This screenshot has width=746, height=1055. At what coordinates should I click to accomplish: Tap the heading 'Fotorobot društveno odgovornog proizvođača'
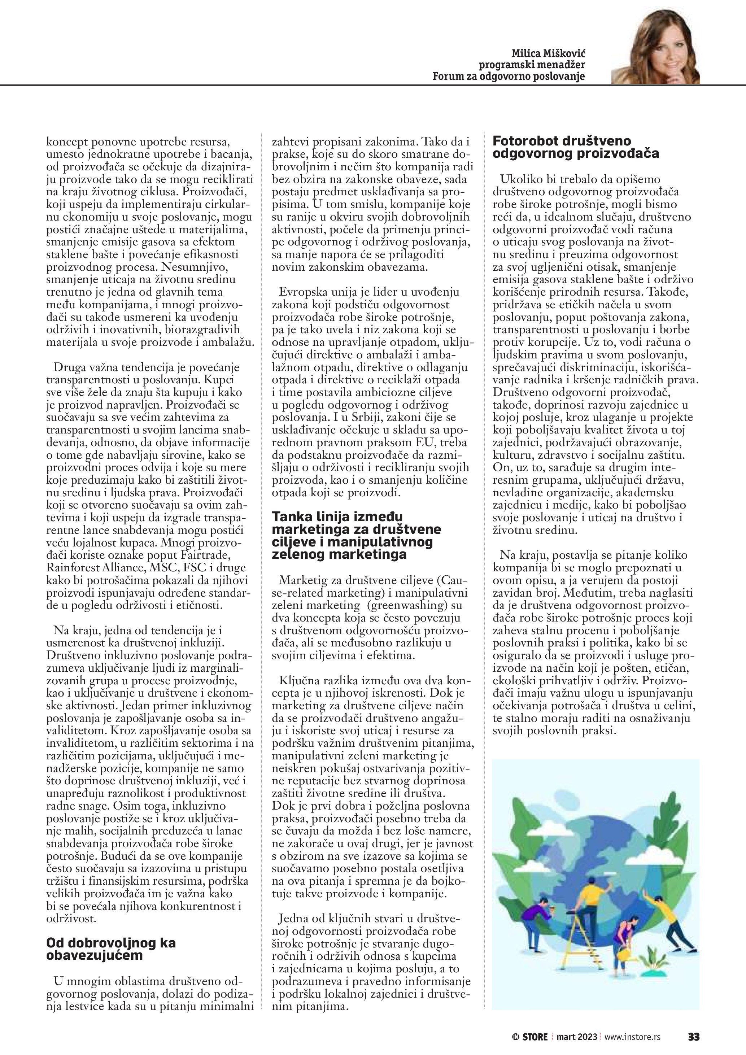tap(576, 147)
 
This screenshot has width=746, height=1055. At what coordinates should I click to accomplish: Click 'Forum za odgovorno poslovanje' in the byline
tap(509, 76)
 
